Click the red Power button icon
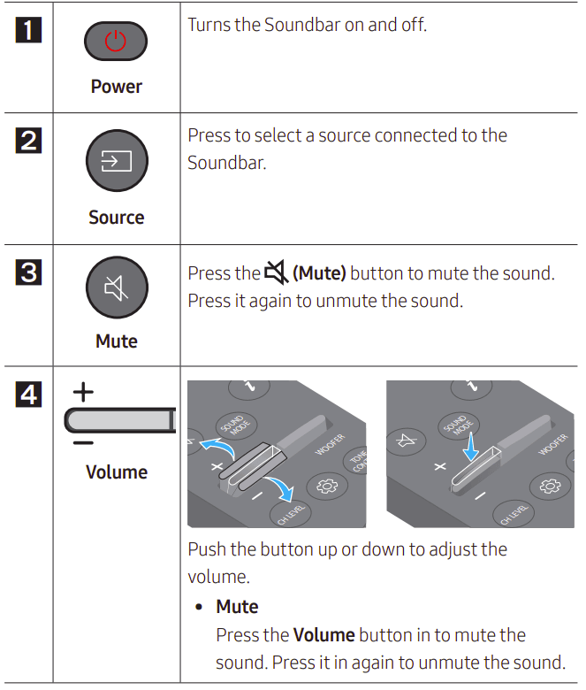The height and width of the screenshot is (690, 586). point(116,42)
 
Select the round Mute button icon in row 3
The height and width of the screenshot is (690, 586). point(116,287)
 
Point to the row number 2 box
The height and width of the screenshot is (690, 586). point(28,141)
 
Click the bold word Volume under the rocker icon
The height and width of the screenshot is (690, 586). point(116,471)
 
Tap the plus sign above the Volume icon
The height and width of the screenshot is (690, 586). point(82,392)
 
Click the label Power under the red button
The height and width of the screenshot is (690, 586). point(116,87)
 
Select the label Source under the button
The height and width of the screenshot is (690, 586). point(116,218)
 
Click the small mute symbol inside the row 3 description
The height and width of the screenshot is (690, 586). point(276,273)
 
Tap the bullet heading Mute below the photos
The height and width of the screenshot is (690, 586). point(237,607)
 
